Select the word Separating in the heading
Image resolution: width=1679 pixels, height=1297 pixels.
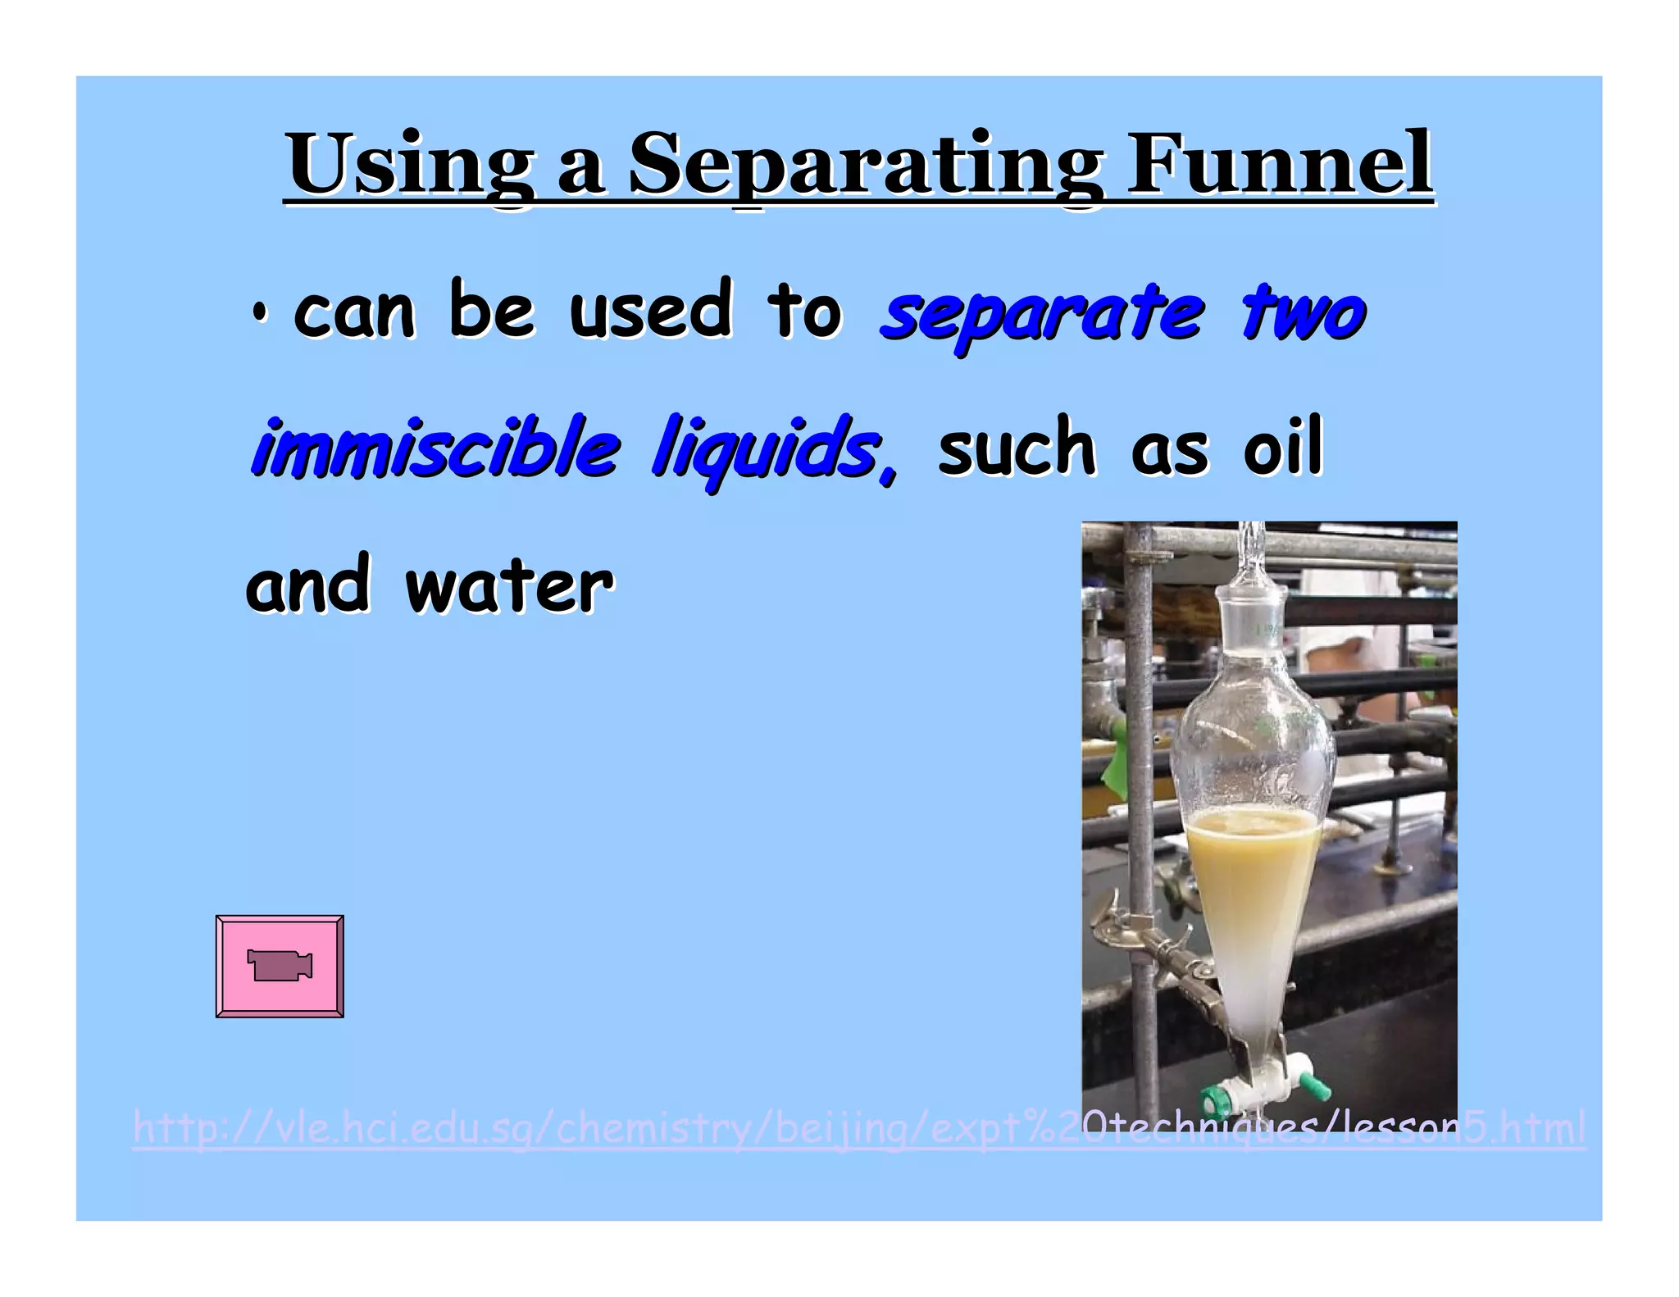865,165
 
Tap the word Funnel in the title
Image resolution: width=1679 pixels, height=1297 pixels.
1279,165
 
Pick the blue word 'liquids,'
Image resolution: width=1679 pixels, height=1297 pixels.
774,449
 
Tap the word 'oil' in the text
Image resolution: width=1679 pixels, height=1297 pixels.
1283,448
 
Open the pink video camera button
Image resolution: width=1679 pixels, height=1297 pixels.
280,966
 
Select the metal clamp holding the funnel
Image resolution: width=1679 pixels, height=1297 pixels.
1164,951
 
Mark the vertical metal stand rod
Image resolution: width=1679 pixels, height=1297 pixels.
1136,738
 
